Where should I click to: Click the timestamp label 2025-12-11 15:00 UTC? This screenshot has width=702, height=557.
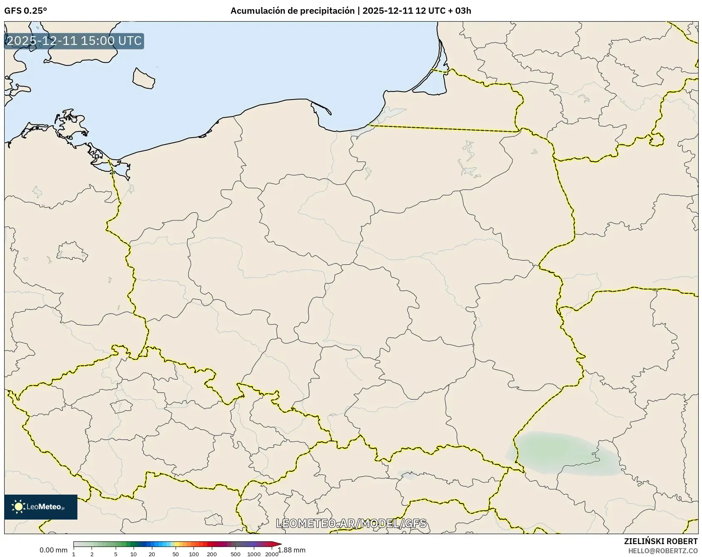[74, 41]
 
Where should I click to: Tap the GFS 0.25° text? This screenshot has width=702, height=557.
[25, 11]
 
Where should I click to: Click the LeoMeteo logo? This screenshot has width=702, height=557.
[40, 507]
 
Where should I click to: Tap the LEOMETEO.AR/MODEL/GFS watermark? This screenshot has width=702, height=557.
[351, 523]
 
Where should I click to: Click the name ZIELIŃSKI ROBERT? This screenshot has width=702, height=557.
[660, 541]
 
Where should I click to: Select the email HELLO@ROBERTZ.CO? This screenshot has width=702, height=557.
[662, 551]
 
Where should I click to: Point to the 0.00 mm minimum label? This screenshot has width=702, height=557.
[53, 550]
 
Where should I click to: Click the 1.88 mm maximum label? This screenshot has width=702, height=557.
[292, 550]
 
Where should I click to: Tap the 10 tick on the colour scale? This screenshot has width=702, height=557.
[134, 554]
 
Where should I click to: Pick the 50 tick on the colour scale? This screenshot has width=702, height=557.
[176, 554]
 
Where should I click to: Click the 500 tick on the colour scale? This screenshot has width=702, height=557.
[236, 554]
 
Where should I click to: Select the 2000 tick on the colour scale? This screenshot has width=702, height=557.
[272, 554]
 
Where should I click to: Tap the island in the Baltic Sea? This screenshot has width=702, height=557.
[144, 78]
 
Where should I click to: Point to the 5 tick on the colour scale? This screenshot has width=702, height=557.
[116, 554]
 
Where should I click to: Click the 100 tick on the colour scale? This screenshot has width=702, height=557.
[193, 554]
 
